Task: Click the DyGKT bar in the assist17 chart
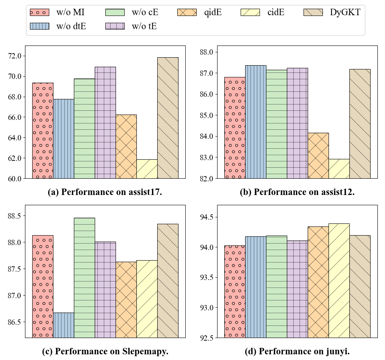coord(167,118)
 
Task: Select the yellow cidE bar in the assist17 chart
coord(147,169)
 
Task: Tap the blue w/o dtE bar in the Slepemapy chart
coord(63,325)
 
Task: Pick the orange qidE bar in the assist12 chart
coord(318,156)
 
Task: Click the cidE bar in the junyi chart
coord(339,280)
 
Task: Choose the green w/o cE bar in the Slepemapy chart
coord(84,277)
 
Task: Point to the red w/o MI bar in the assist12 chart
coord(235,127)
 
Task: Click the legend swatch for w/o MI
coord(39,12)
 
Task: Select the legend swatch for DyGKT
coord(313,12)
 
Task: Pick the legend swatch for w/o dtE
coord(39,26)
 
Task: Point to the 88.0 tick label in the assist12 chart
coord(207,52)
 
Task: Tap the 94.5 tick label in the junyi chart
coord(207,217)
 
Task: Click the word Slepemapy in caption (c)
coord(146,352)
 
